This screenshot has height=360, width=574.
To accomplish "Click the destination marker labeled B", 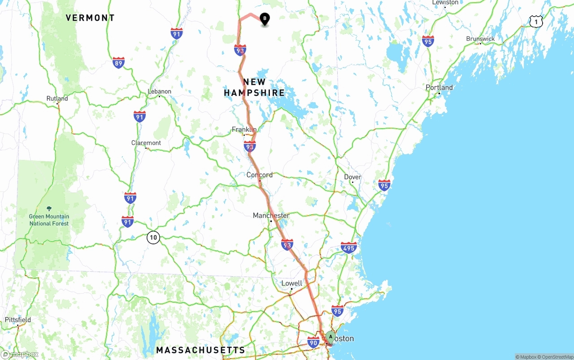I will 265,19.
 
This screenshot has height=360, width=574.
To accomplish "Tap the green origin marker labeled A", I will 330,337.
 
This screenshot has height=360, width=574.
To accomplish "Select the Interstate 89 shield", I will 118,63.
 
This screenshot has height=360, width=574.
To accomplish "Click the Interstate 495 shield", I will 348,247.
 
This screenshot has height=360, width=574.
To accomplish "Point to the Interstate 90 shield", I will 313,343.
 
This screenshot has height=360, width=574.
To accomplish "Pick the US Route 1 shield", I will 535,21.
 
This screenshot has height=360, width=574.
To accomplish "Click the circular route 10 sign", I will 153,238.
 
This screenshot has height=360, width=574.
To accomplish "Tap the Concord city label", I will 259,175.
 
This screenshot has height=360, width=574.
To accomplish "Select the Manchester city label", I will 271,216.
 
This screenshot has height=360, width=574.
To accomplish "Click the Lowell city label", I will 291,283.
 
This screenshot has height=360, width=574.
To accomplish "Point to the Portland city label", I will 439,87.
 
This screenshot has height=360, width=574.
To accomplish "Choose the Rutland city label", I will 57,99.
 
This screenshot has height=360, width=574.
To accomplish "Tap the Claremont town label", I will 146,143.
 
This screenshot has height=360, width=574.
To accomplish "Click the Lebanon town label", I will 160,91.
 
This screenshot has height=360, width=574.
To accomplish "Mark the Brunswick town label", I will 480,39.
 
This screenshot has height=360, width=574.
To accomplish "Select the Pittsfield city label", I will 18,320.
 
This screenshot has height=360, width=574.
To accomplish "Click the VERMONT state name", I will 90,18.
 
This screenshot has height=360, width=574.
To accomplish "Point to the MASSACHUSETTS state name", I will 200,350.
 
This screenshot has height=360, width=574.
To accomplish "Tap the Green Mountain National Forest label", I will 49,220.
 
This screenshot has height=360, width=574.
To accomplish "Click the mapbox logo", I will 20,355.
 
